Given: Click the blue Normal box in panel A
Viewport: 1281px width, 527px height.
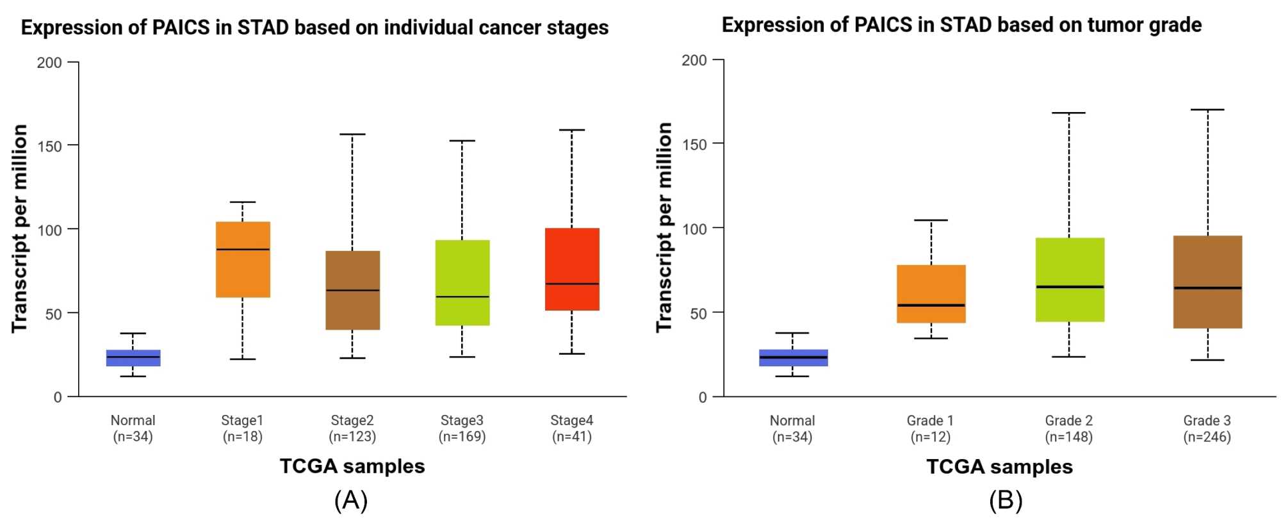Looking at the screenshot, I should point(133,358).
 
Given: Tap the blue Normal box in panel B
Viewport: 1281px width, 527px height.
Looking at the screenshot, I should point(793,357).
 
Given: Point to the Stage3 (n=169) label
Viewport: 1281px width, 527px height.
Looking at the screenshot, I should point(462,428).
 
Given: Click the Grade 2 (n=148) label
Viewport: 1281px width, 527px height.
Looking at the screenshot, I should point(1068,429).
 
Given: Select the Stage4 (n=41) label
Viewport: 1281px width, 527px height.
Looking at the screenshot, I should point(571,428).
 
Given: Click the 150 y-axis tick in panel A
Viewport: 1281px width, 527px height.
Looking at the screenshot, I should point(50,146).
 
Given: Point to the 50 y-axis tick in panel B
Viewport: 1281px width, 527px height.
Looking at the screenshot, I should point(698,313).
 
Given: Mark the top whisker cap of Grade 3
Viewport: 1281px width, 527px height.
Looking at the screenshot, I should point(1207,109).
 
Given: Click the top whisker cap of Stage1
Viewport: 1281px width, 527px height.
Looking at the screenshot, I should point(243,202).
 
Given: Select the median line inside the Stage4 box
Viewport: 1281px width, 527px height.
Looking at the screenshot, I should point(572,283).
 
